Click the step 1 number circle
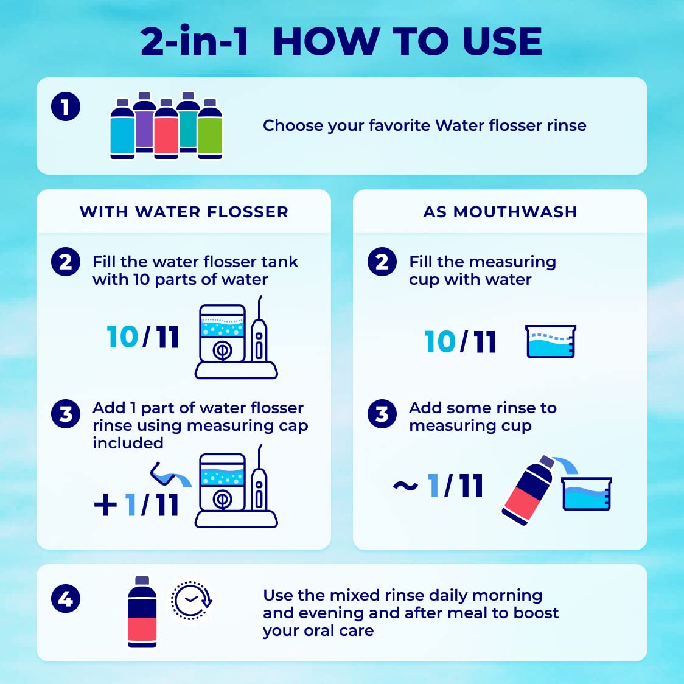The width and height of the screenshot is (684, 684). (66, 107)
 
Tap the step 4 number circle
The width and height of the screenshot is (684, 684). (66, 599)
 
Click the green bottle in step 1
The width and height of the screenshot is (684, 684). (211, 131)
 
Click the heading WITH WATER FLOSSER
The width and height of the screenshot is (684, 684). (184, 212)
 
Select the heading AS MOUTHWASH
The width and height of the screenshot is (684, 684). (500, 212)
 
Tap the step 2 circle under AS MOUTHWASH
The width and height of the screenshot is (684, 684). (382, 262)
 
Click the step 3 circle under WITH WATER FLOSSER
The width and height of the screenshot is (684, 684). (66, 414)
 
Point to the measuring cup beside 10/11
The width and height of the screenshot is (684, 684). (550, 342)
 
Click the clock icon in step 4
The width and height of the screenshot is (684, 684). (191, 601)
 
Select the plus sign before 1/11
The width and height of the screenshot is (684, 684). (105, 504)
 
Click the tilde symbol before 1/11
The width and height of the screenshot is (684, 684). (405, 486)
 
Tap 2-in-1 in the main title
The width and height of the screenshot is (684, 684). (195, 41)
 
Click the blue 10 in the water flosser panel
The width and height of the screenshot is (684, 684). (122, 337)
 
